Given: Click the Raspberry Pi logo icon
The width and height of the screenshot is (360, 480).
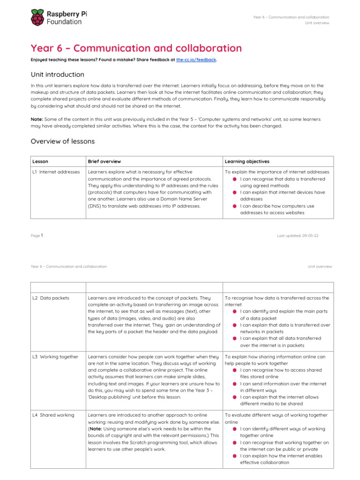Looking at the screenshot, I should click(x=38, y=18).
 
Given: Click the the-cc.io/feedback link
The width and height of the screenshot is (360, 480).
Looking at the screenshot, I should click(x=196, y=60).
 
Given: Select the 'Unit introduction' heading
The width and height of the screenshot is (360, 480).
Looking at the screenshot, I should click(x=57, y=75).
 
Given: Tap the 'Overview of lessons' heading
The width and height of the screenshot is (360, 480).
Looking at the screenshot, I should click(x=62, y=141).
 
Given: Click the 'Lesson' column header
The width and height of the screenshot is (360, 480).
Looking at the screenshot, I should click(x=40, y=161).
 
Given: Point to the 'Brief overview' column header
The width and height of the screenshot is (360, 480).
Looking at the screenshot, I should click(x=105, y=161).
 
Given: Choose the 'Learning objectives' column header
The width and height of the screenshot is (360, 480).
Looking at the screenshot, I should click(x=247, y=161).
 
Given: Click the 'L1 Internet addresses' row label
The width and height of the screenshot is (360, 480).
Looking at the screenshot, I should click(x=56, y=172).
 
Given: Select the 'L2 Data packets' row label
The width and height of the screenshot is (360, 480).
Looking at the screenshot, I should click(x=51, y=298).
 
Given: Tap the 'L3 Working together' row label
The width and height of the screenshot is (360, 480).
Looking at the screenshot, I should click(x=55, y=357).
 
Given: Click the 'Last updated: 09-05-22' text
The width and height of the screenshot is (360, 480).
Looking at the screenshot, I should click(x=298, y=236).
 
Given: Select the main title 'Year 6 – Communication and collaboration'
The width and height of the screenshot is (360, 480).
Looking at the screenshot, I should click(x=136, y=48).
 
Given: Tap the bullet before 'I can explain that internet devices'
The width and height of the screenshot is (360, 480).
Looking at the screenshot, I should click(x=234, y=192).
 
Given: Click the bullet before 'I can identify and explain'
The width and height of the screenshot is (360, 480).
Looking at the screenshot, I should click(x=234, y=311).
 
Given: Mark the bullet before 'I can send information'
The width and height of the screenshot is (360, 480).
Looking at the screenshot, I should click(x=234, y=383).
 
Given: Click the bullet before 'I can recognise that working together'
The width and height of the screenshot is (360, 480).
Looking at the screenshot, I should click(x=234, y=442).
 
